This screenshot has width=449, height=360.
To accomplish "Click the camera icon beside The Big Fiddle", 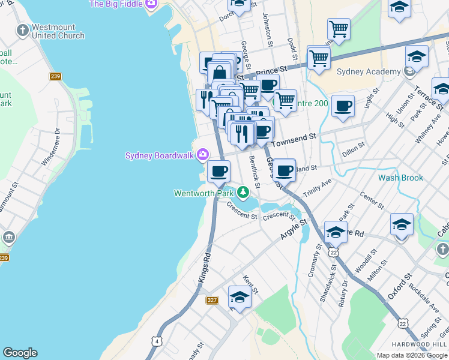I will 151,4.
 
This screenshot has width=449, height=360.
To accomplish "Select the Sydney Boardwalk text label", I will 160,155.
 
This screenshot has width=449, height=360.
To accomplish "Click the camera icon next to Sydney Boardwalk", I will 202,155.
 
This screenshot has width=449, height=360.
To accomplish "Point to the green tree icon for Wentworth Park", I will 243,193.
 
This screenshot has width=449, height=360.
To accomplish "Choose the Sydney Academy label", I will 368,72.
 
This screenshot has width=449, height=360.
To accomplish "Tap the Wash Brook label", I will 400,178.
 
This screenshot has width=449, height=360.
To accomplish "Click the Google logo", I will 20,353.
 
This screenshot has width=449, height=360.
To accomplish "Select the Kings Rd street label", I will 203,268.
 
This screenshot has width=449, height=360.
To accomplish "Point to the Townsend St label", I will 294,139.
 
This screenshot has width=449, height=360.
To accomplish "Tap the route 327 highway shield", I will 212,300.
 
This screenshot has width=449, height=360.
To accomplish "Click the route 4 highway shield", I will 157,341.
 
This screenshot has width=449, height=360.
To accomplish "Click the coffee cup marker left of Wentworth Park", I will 219,171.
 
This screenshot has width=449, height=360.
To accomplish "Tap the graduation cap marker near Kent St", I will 240,297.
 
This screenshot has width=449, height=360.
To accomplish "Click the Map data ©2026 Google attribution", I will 412,355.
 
